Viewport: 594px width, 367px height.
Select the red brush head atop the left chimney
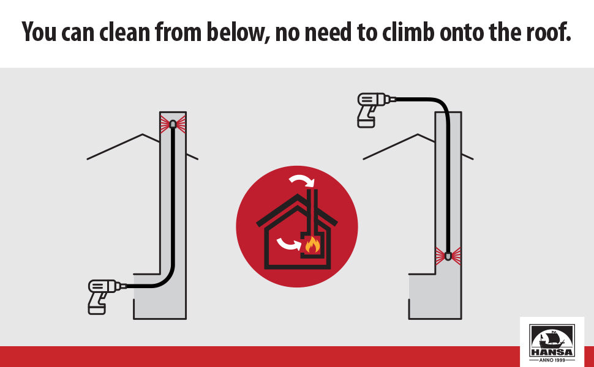[x=173, y=124]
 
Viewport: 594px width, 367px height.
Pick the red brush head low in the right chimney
[x=448, y=255]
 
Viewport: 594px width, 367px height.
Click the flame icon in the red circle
[x=312, y=245]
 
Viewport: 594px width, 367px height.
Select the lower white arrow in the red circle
[x=289, y=244]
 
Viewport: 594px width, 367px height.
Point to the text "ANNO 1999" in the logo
[x=552, y=358]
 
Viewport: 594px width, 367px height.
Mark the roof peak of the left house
[x=143, y=135]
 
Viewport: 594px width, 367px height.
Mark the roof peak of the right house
[x=418, y=135]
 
